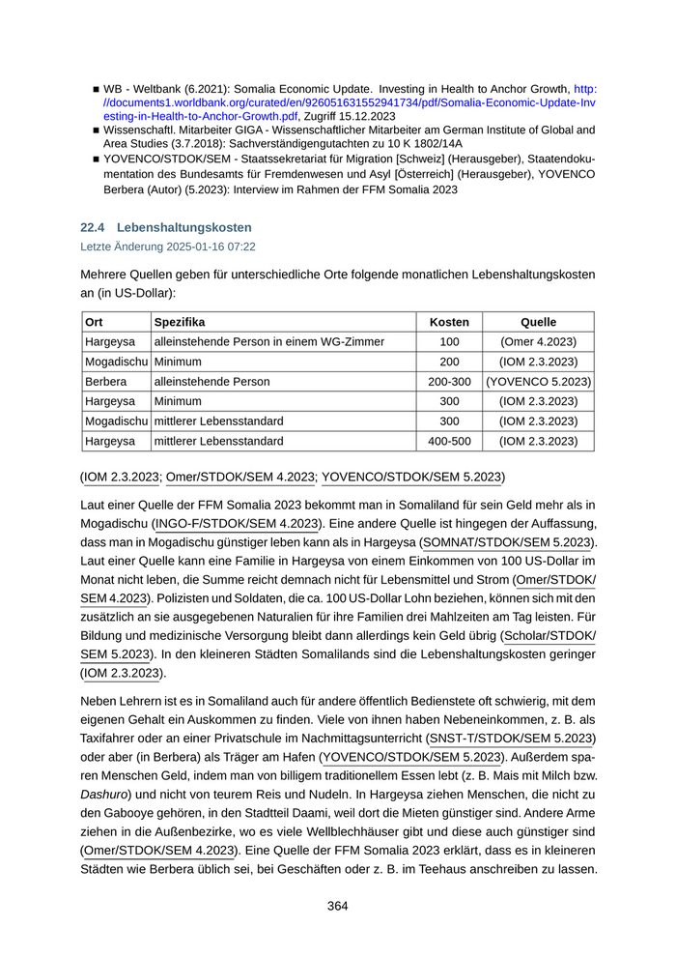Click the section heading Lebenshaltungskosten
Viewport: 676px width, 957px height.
(184, 227)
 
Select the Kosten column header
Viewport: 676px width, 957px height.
(449, 322)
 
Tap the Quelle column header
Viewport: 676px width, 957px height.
(538, 322)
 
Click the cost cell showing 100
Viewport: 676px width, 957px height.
(449, 342)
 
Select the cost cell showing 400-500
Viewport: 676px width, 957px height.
(449, 442)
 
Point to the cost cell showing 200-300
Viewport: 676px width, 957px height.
(449, 382)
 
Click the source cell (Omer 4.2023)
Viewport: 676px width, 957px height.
(538, 342)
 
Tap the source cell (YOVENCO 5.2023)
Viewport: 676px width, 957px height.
(538, 382)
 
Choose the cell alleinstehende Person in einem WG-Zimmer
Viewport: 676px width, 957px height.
(269, 342)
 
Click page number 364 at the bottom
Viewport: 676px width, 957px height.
(337, 906)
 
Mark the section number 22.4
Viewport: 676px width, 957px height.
(93, 227)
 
